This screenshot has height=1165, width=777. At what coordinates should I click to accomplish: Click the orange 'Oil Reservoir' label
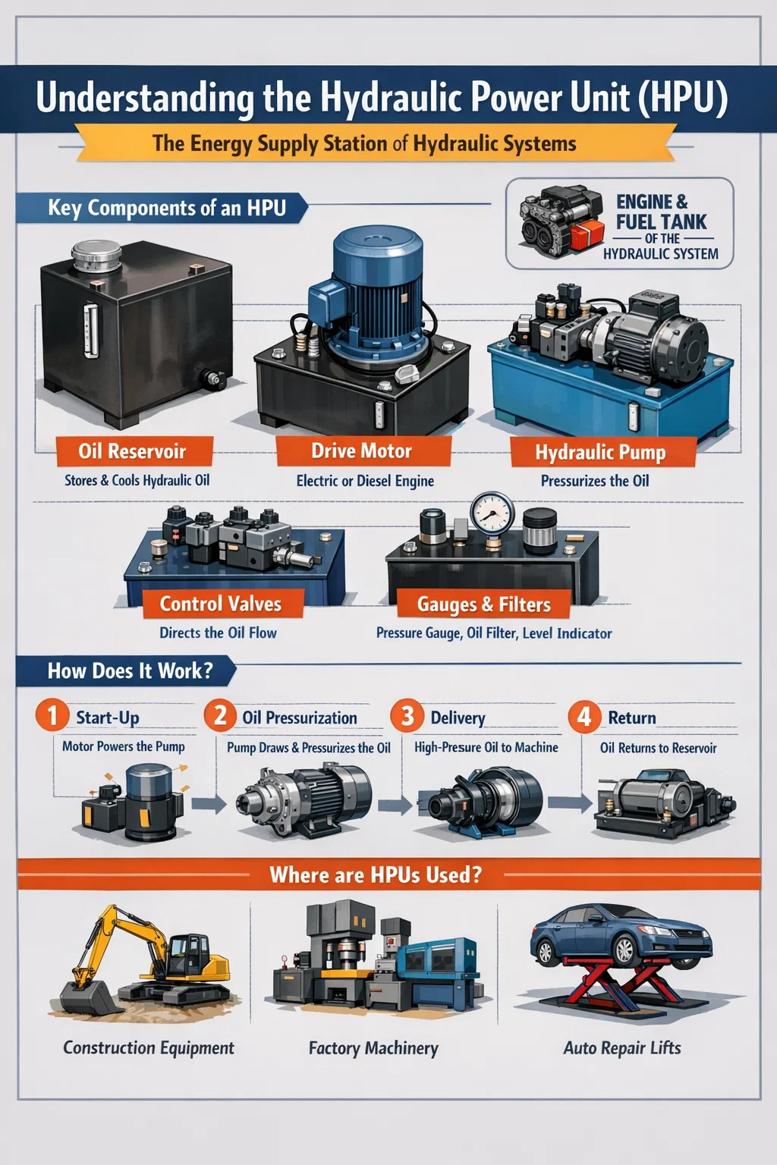134,451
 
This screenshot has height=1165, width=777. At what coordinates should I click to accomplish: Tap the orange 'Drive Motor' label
363,451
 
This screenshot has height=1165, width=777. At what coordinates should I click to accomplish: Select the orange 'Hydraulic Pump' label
602,452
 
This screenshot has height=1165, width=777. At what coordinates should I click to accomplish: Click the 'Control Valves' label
222,604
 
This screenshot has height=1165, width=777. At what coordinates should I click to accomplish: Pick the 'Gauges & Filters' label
483,604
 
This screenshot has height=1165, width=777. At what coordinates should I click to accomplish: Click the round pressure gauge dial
492,513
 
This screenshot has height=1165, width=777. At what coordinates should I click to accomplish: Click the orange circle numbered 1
52,715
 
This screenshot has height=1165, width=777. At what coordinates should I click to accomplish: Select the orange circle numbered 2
221,715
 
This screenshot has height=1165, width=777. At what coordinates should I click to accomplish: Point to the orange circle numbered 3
407,716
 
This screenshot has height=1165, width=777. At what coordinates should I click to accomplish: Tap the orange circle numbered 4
584,717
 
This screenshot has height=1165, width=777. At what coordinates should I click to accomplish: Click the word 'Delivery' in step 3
458,718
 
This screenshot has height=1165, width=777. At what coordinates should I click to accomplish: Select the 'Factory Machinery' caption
373,1048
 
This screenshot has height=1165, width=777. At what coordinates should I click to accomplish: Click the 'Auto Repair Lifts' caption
622,1047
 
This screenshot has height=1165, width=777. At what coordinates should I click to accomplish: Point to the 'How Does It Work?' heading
130,671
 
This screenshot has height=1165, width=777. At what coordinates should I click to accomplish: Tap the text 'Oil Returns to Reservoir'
659,748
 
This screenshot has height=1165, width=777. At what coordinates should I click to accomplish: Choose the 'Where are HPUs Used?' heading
376,875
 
